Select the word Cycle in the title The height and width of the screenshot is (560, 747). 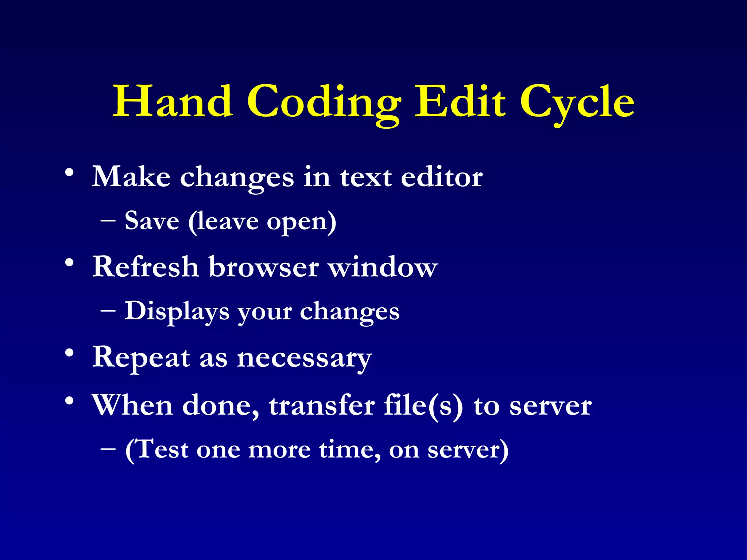577,104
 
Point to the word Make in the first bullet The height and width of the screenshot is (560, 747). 131,177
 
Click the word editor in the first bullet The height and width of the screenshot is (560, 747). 442,177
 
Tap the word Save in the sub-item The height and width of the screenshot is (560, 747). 152,221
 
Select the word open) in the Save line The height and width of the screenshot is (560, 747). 301,222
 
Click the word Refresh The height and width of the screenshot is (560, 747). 146,267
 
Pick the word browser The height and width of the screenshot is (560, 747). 264,267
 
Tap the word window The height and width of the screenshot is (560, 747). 383,267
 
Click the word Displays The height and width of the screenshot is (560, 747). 177,312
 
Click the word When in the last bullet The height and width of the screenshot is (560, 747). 132,405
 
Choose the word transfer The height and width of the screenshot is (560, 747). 322,405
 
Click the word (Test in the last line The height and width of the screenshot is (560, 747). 157,449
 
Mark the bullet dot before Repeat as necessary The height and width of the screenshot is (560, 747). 70,353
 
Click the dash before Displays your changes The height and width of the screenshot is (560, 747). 108,311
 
